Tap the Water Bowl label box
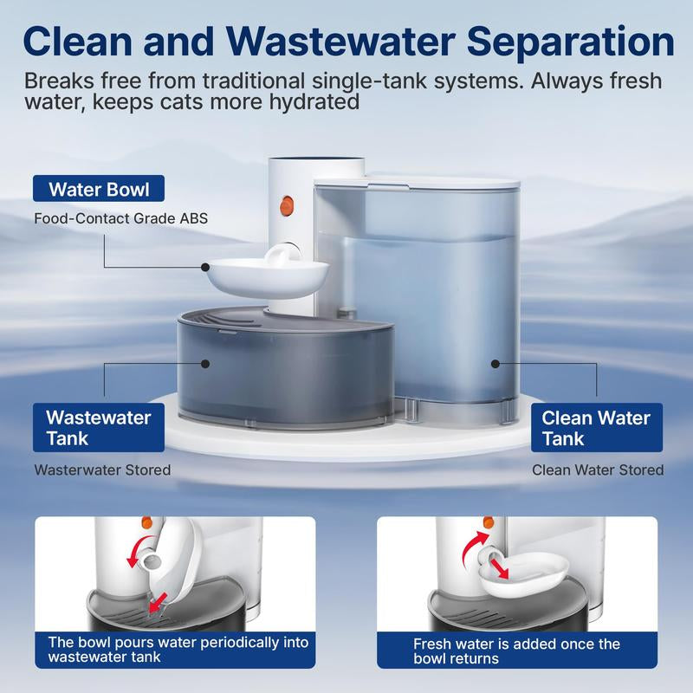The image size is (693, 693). click(x=97, y=190)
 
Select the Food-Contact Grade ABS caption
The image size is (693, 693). click(x=120, y=218)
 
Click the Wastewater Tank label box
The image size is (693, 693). click(x=98, y=428)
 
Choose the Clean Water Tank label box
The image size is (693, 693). click(x=595, y=428)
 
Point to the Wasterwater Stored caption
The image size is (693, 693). click(x=102, y=470)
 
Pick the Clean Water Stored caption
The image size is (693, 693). click(x=597, y=470)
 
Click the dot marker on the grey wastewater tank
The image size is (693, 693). click(x=205, y=364)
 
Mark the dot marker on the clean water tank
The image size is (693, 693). click(x=495, y=364)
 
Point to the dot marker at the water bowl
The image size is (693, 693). click(x=205, y=269)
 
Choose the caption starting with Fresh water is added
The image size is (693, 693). click(x=517, y=651)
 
